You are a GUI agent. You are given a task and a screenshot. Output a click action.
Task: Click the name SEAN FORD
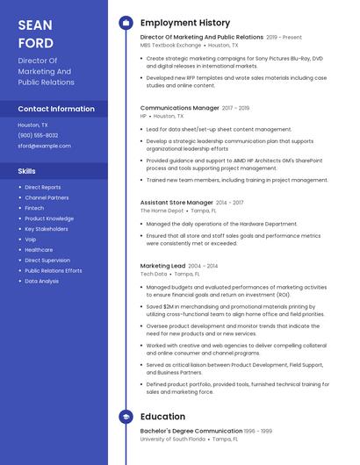point(36,33)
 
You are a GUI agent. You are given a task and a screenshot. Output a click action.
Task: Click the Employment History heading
point(185,23)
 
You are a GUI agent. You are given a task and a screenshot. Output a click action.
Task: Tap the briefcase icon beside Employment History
point(126,23)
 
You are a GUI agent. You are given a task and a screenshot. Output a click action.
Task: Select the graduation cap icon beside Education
point(126,417)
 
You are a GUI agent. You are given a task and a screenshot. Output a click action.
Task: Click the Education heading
point(162,417)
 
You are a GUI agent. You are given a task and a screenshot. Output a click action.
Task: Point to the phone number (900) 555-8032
point(38,135)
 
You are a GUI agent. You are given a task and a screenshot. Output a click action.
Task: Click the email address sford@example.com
point(44,146)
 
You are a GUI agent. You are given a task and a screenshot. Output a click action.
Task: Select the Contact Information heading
point(56,109)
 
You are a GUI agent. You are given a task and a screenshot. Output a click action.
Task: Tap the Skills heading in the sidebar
point(27,171)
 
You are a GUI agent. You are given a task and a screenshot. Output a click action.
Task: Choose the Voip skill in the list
point(31,240)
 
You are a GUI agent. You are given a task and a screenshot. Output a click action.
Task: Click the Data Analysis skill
point(42,282)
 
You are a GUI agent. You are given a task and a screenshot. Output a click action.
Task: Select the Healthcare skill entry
point(39,250)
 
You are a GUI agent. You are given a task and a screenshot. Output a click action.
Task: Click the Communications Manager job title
point(180,108)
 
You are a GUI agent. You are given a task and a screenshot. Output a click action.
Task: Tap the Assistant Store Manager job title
point(176,203)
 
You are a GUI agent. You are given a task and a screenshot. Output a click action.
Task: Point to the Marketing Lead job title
point(162,266)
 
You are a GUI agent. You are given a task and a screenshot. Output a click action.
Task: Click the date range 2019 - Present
point(284,38)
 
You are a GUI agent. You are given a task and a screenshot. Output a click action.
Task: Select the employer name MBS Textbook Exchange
point(170,46)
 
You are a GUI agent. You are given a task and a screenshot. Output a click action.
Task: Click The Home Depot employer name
point(162,211)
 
